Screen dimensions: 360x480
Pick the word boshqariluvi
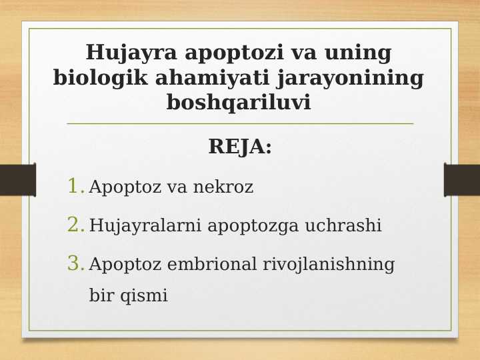pos(239,103)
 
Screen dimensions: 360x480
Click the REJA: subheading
pos(240,147)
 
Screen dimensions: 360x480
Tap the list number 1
pos(75,187)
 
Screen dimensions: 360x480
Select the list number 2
pos(75,225)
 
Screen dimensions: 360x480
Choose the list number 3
pos(75,264)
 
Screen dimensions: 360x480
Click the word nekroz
pos(223,187)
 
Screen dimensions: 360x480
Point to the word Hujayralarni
pos(146,226)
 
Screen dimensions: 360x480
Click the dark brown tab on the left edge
pos(17,180)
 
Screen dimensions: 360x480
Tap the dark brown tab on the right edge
pos(462,180)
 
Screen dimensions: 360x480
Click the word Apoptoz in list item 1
pos(125,187)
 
